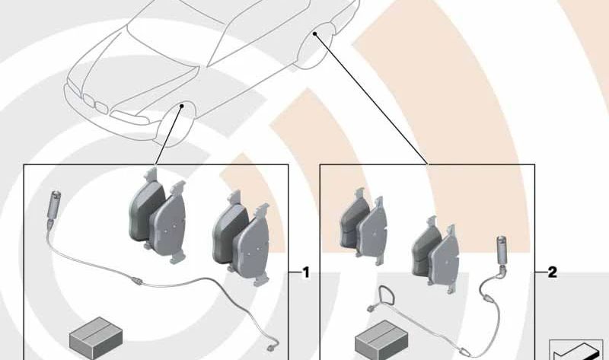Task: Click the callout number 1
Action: [306, 272]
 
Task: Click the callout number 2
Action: [553, 272]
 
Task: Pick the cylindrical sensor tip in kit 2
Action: [504, 247]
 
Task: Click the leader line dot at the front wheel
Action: [182, 107]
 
